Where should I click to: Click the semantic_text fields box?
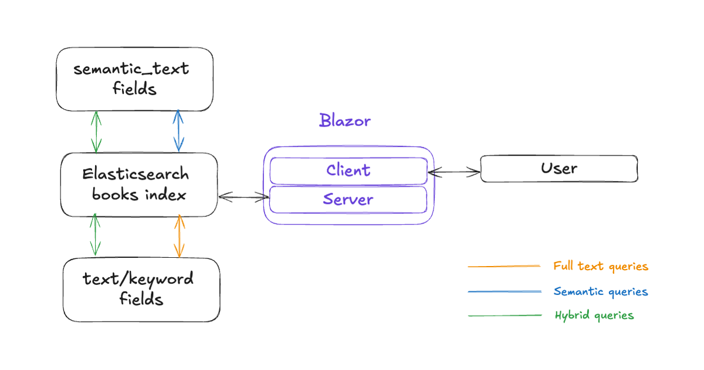coord(134,79)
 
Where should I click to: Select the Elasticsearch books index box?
coord(139,184)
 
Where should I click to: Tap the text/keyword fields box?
coord(141,290)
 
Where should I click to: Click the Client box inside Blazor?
coord(348,170)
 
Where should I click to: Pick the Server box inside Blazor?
coord(348,199)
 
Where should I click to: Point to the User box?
coord(559,169)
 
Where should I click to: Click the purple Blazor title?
coord(345,121)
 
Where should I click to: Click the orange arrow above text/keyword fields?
coord(180,236)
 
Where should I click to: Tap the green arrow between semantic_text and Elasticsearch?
coord(96,132)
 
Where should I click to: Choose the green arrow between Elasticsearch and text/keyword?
coord(94,236)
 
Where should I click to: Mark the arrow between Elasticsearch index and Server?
coord(243,198)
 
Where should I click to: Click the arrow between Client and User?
coord(454,172)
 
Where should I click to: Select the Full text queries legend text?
coord(601,266)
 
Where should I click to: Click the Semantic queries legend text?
coord(601,291)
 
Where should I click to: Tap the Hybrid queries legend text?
coord(594,315)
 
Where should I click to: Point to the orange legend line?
coord(503,267)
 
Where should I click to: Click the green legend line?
coord(505,316)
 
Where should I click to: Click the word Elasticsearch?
coord(136,174)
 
